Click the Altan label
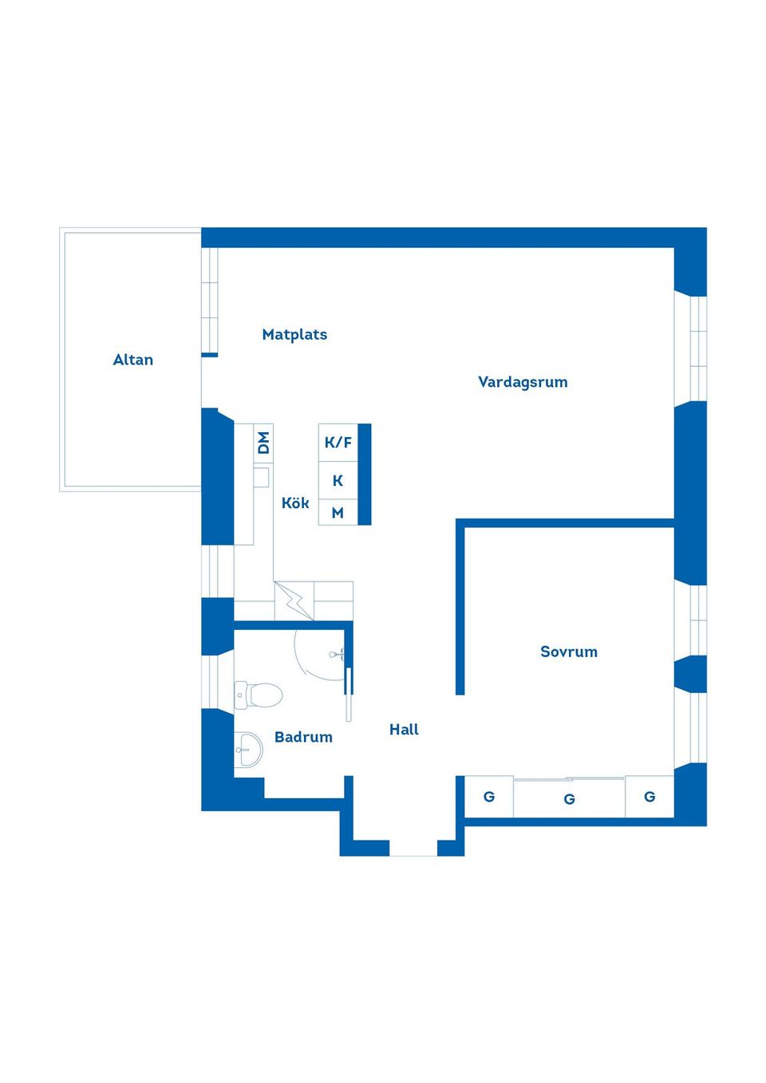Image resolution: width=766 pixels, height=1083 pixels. [x=133, y=360]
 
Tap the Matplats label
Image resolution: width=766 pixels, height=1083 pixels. [x=294, y=334]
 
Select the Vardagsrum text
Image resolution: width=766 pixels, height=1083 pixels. [x=523, y=382]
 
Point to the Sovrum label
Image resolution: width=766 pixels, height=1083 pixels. [x=569, y=652]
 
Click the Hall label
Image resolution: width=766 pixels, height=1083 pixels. [x=404, y=729]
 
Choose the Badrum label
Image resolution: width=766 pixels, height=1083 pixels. [x=303, y=737]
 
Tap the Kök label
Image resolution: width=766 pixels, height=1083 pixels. [x=295, y=502]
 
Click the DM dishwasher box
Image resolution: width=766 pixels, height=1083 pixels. [x=263, y=443]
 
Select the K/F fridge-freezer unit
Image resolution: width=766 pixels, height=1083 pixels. [x=338, y=443]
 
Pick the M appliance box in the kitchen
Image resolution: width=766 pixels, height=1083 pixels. [x=338, y=513]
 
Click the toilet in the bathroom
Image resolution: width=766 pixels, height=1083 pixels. [x=259, y=695]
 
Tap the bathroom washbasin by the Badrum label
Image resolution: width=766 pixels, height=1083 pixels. [x=249, y=749]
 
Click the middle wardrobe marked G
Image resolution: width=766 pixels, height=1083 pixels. [x=569, y=799]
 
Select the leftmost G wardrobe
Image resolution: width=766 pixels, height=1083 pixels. [x=489, y=796]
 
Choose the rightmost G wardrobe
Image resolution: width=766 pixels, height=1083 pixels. [x=650, y=796]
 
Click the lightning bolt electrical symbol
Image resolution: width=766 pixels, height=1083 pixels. [x=294, y=601]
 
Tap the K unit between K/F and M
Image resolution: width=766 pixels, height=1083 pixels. [x=338, y=481]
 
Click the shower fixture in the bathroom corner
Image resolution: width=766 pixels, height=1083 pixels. [x=338, y=655]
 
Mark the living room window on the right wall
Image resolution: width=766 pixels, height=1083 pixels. [x=690, y=349]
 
